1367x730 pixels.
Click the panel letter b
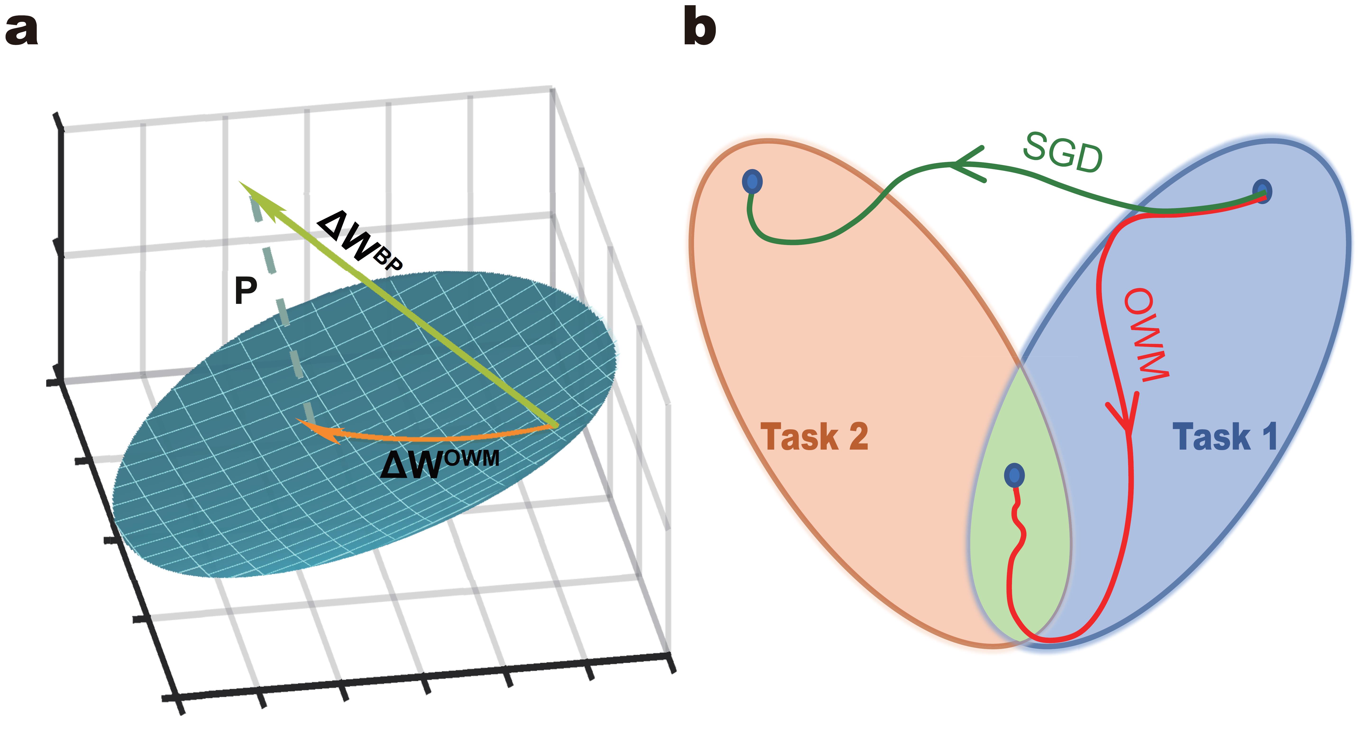[x=699, y=27]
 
